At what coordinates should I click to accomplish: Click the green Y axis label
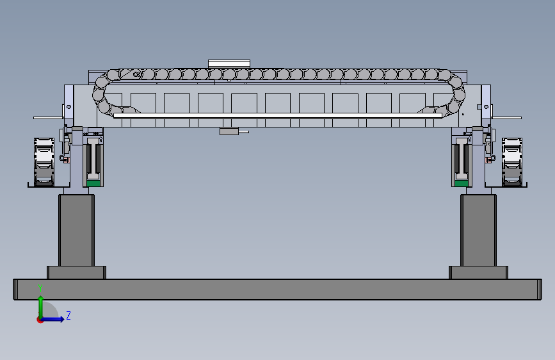coord(40,288)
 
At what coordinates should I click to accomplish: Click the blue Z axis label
coord(68,315)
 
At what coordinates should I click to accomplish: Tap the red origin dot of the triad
coord(40,320)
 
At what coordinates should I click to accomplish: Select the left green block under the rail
coord(93,183)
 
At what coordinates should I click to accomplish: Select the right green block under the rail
coord(461,183)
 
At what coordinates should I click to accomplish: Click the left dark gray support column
coord(76,230)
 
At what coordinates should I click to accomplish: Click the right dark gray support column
coord(478,230)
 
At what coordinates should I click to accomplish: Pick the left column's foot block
coord(76,272)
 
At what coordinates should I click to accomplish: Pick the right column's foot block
coord(478,272)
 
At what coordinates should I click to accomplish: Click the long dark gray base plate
coord(278,290)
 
